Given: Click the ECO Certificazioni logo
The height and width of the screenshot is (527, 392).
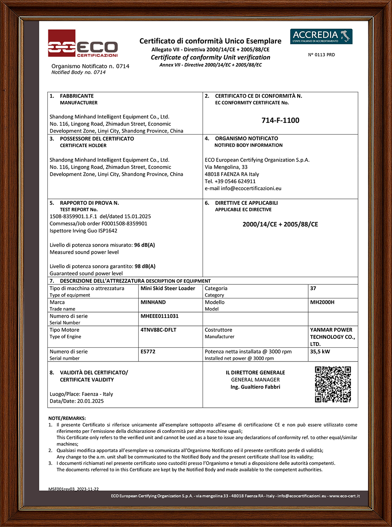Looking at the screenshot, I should [x=83, y=44].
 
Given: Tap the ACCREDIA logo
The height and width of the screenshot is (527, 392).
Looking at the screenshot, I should [x=321, y=36].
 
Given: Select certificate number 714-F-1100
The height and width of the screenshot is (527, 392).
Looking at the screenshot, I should [x=280, y=120].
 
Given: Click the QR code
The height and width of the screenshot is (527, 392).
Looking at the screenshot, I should [x=333, y=384].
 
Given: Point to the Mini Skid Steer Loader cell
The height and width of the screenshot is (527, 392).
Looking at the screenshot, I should [x=167, y=288].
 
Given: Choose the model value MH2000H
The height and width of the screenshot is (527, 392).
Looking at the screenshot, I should [x=322, y=302].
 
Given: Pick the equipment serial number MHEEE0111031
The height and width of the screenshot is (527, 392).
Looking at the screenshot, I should [x=159, y=316].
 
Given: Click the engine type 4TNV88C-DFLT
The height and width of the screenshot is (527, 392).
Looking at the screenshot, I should [x=158, y=330].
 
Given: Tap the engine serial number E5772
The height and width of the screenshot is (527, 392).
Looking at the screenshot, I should [x=148, y=352].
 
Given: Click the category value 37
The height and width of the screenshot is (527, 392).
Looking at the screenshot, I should [x=313, y=288].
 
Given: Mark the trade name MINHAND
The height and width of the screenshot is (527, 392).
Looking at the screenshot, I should [x=153, y=302].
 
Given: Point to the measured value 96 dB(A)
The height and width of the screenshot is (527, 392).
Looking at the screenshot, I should [x=145, y=245].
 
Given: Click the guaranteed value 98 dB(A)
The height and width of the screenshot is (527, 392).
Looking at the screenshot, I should [x=145, y=266].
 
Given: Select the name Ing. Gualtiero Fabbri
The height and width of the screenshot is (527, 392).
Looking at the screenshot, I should [x=255, y=387].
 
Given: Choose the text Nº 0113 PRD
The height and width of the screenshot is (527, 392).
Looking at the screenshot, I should [x=321, y=55].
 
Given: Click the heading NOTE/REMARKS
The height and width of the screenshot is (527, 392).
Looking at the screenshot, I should [x=67, y=418].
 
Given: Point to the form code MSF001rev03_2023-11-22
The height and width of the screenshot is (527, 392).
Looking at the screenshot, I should [x=73, y=489].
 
